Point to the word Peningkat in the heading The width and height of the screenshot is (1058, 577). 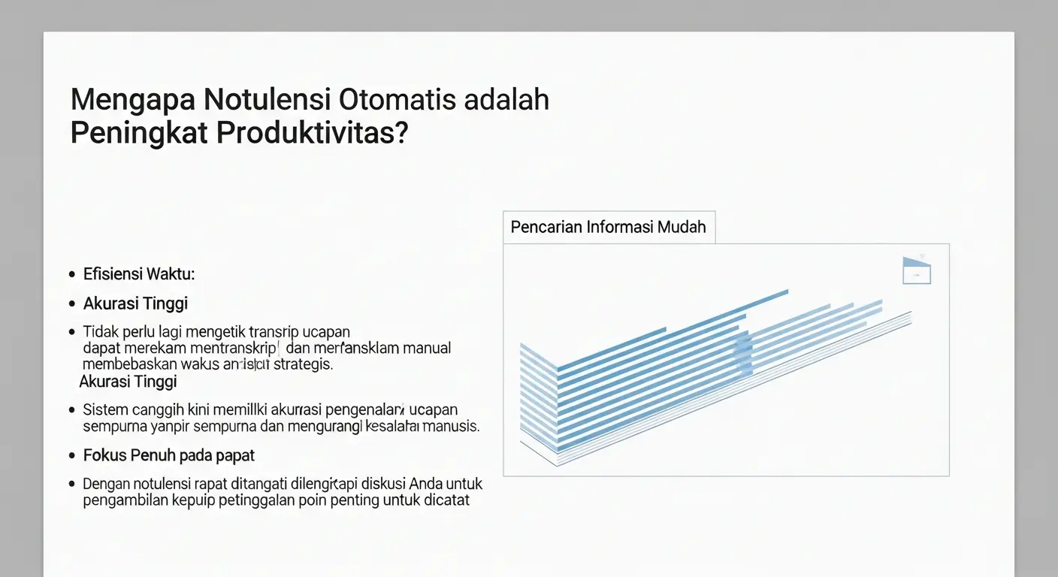coord(140,133)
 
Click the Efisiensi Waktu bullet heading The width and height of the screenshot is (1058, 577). coord(139,274)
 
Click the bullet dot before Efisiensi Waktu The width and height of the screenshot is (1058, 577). coord(71,275)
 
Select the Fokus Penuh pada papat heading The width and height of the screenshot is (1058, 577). coord(169,455)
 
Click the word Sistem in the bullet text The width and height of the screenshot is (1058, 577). coord(105,409)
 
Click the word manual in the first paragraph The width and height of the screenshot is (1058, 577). coord(427,348)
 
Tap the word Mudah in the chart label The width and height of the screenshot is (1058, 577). coord(682,227)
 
